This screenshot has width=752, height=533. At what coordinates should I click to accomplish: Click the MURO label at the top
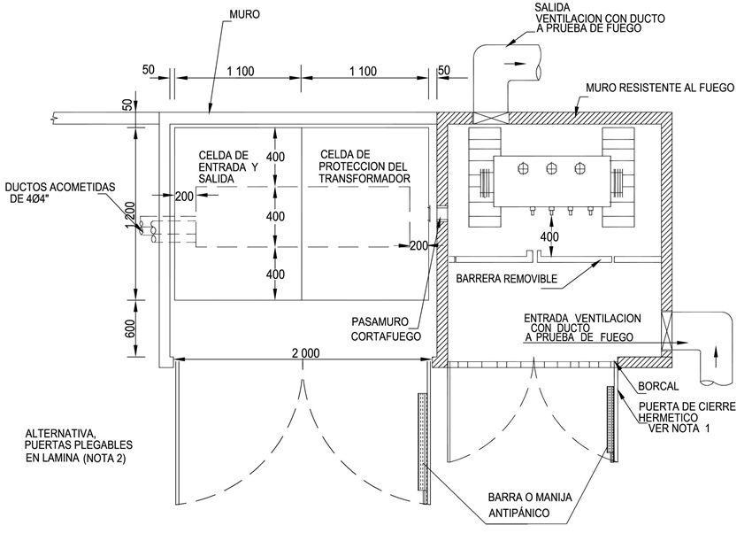pyautogui.click(x=244, y=14)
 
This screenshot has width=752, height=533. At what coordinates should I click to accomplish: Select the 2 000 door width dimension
pyautogui.click(x=305, y=353)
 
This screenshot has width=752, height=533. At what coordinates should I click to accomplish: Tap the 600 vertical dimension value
pyautogui.click(x=130, y=328)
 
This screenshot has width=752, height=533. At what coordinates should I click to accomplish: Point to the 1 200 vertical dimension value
pyautogui.click(x=130, y=215)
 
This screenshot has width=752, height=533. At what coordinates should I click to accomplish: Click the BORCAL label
pyautogui.click(x=658, y=386)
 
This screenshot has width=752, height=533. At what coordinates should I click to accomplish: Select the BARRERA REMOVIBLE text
pyautogui.click(x=506, y=279)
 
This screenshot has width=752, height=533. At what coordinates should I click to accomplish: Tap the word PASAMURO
pyautogui.click(x=380, y=321)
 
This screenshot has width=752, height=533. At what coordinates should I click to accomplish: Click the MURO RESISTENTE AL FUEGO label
pyautogui.click(x=660, y=88)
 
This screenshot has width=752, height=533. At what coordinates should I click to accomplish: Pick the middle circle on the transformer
pyautogui.click(x=551, y=168)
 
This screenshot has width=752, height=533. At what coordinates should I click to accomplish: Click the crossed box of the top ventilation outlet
pyautogui.click(x=490, y=118)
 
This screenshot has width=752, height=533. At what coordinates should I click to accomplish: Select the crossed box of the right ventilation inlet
pyautogui.click(x=667, y=330)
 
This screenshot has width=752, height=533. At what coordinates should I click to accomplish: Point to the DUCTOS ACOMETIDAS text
pyautogui.click(x=60, y=187)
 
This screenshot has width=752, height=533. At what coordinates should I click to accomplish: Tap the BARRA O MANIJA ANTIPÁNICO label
pyautogui.click(x=530, y=506)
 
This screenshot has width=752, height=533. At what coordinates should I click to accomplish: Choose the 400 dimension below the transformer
pyautogui.click(x=549, y=236)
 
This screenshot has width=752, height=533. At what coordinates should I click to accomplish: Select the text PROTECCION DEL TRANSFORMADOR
pyautogui.click(x=364, y=173)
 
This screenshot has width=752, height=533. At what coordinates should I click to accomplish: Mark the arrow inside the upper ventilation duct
pyautogui.click(x=512, y=63)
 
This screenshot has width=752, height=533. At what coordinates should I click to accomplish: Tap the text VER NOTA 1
pyautogui.click(x=679, y=428)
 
